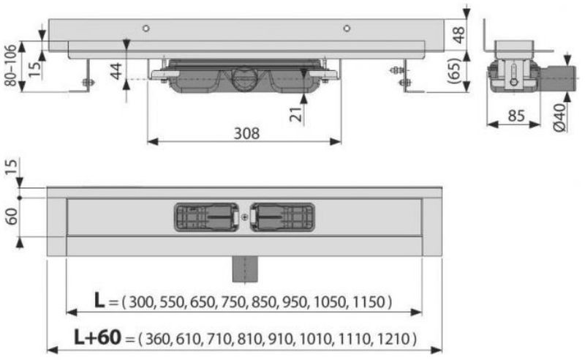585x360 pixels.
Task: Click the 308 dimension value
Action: click(246, 133)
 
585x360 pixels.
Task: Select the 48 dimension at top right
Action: click(458, 34)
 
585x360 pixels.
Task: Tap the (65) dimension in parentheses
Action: click(460, 71)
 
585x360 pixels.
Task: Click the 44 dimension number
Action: click(116, 71)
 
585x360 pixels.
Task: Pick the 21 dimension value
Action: click(296, 114)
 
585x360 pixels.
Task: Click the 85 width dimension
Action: click(516, 116)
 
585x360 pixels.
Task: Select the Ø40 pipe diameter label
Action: click(559, 117)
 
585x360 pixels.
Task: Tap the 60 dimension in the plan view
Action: click(12, 217)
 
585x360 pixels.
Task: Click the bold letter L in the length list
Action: click(99, 300)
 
